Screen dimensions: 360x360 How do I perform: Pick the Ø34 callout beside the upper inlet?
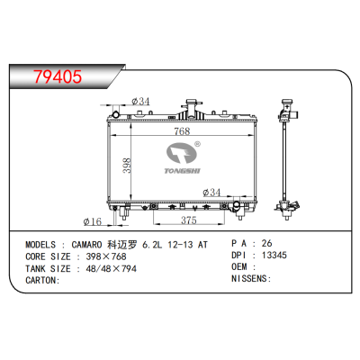[x=140, y=102]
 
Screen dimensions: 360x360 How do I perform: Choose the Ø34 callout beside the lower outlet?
[x=214, y=192]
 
